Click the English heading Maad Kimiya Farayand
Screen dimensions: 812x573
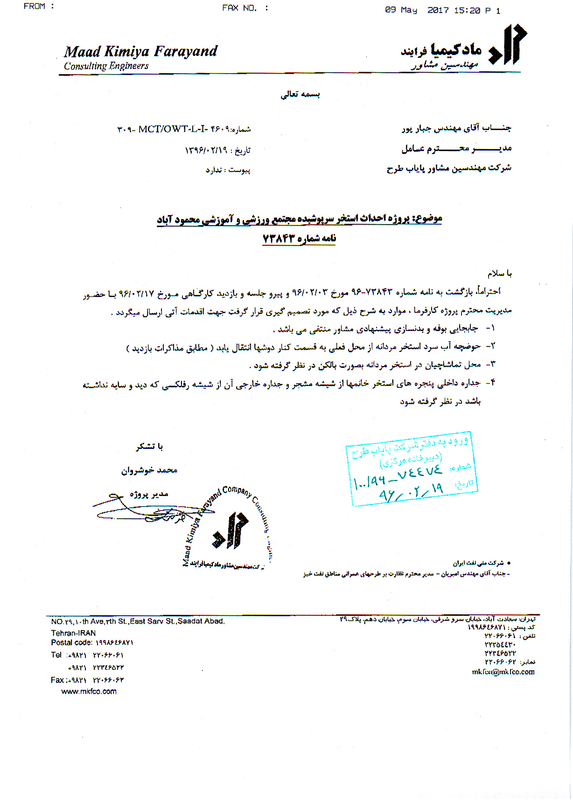coord(140,51)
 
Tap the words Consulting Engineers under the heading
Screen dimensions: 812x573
coord(106,66)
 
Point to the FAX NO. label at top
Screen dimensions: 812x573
coord(239,8)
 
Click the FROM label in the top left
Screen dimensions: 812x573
coord(35,6)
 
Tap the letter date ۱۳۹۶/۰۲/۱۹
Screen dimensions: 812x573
coord(206,150)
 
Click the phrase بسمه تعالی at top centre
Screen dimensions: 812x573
coord(300,95)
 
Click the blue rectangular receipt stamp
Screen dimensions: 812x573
coord(412,468)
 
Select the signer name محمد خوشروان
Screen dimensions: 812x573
coord(149,470)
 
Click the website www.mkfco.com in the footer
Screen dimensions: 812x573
coord(89,691)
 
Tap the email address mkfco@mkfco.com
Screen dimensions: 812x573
coord(503,672)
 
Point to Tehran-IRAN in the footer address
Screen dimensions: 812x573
coord(73,633)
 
